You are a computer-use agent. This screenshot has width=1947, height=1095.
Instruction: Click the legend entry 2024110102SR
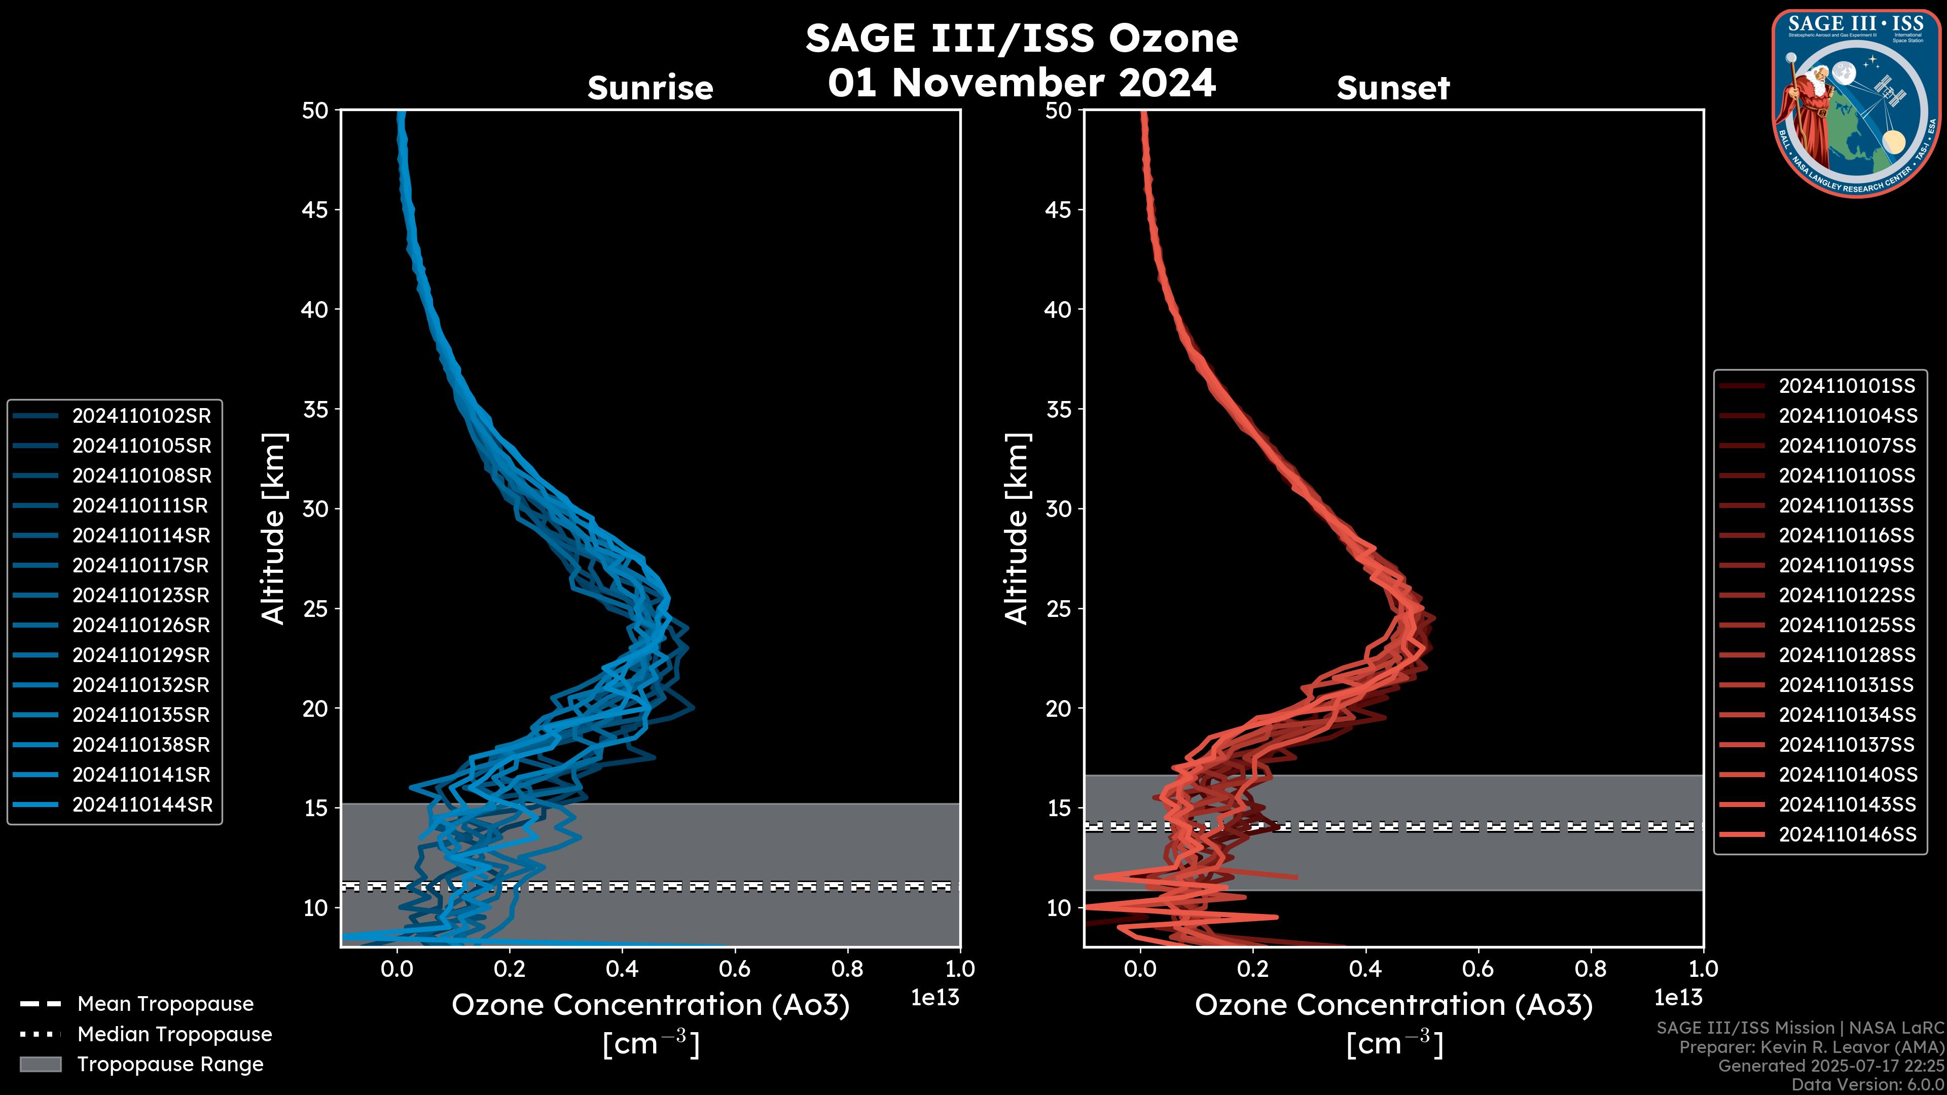pos(141,416)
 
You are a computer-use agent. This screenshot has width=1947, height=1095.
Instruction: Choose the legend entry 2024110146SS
pos(1847,834)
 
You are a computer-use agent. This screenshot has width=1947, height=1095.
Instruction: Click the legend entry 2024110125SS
pos(1847,625)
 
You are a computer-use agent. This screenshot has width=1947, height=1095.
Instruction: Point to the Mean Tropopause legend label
pos(165,1004)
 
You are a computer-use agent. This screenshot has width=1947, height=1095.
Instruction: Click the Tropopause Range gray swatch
pos(40,1064)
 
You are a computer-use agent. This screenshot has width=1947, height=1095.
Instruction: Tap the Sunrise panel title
pos(650,88)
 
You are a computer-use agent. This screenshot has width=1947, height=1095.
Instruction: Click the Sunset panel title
pos(1393,88)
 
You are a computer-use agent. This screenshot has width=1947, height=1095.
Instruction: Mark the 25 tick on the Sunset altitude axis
pos(1058,608)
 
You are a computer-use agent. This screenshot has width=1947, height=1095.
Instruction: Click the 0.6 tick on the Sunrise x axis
pos(735,968)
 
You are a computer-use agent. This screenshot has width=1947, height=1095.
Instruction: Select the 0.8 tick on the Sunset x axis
pos(1590,968)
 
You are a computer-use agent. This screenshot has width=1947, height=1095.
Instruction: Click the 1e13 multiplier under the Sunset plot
pos(1678,998)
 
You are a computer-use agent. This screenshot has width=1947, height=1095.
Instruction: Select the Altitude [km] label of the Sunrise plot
pos(274,528)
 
